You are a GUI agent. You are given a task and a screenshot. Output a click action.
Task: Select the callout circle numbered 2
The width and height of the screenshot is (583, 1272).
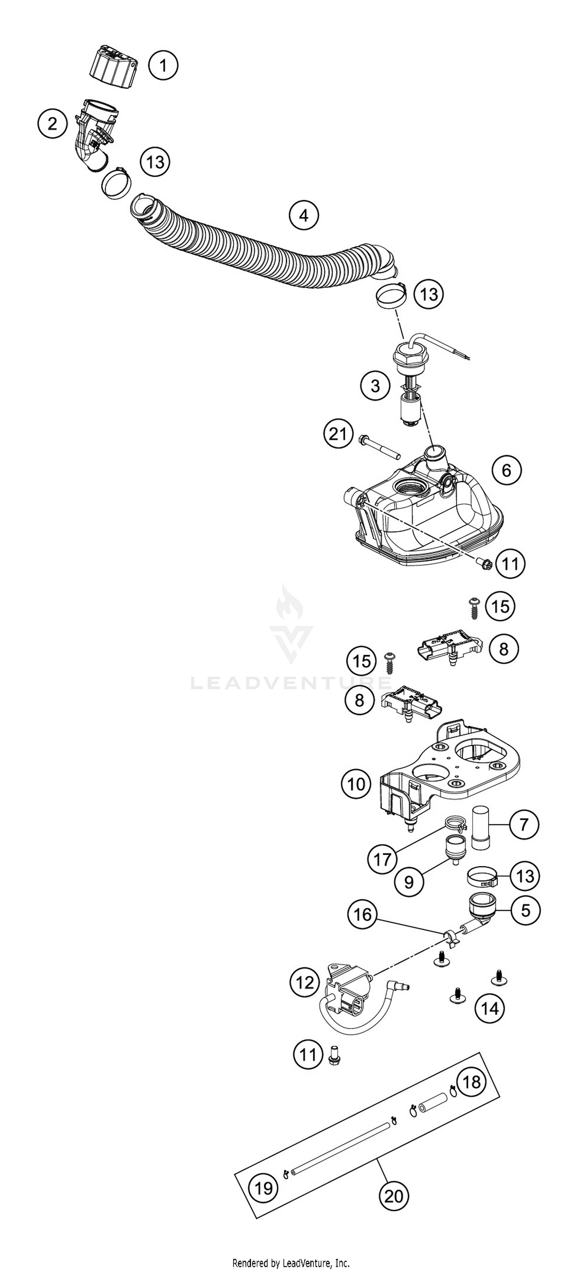tap(52, 124)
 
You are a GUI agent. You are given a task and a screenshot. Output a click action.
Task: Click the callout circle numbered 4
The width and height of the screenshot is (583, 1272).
tap(304, 215)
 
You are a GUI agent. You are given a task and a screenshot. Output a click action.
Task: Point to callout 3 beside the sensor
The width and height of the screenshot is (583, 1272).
tap(375, 385)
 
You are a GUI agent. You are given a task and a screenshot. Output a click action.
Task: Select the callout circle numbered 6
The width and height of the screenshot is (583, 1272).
tap(507, 470)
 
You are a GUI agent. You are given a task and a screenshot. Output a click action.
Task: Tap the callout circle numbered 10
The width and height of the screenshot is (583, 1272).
tap(356, 784)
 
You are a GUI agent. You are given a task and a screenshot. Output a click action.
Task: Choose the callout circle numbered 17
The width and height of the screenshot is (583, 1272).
tap(382, 860)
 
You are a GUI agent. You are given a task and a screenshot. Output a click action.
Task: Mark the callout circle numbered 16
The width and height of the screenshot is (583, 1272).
tap(363, 914)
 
